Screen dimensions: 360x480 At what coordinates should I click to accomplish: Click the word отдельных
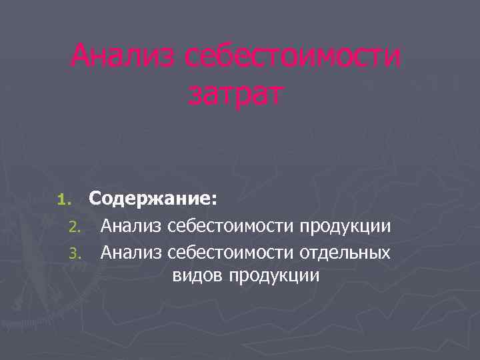345,252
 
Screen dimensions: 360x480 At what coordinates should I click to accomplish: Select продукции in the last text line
274,276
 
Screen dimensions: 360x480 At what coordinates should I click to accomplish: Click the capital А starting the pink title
81,57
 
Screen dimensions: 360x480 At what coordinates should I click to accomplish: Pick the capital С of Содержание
95,198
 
